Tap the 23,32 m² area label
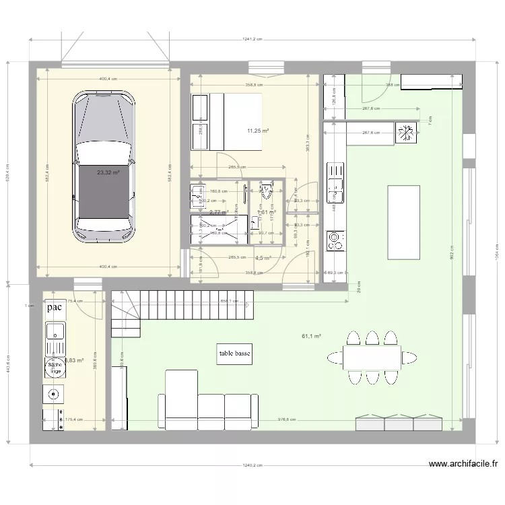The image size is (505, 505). pyautogui.click(x=108, y=172)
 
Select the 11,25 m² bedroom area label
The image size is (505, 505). pyautogui.click(x=258, y=131)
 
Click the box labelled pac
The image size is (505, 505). pyautogui.click(x=55, y=308)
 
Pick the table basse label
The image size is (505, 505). pyautogui.click(x=234, y=355)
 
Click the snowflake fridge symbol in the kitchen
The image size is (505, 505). pyautogui.click(x=406, y=133)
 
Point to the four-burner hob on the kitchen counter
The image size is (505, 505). pyautogui.click(x=335, y=240)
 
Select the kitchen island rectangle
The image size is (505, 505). pyautogui.click(x=403, y=222)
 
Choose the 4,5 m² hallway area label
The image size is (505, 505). pyautogui.click(x=263, y=257)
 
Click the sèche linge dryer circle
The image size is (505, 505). pyautogui.click(x=54, y=368)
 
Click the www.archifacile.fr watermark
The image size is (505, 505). pyautogui.click(x=463, y=464)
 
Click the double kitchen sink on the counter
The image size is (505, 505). pyautogui.click(x=335, y=182)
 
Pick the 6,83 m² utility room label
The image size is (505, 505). pyautogui.click(x=74, y=361)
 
